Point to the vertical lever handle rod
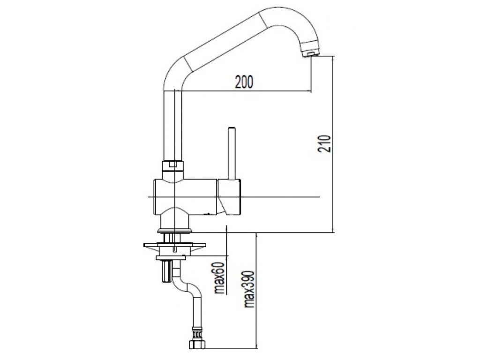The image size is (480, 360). pos(231,152)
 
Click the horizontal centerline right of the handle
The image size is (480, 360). pos(281,197)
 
